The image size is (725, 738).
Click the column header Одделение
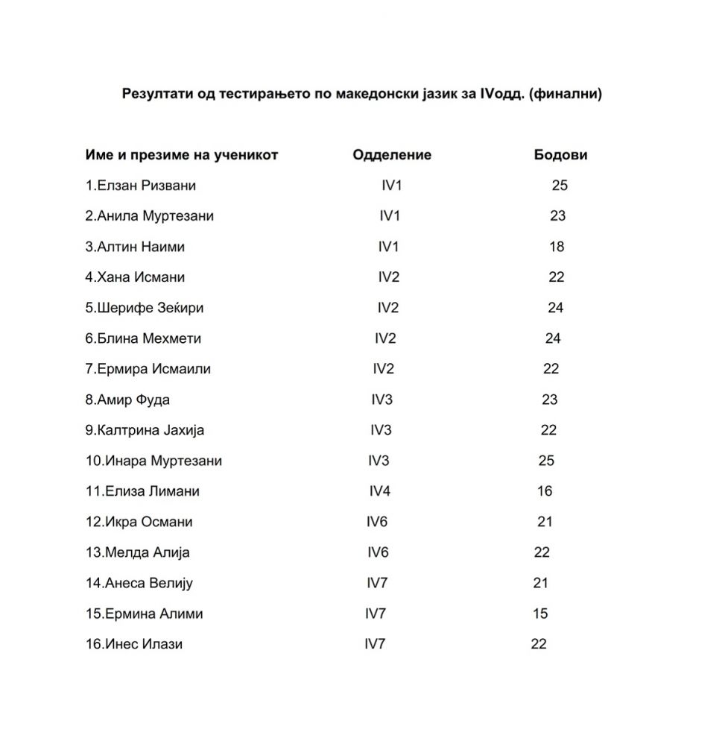pyautogui.click(x=392, y=155)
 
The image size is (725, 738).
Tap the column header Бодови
pyautogui.click(x=560, y=155)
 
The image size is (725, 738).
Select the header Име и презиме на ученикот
pyautogui.click(x=182, y=155)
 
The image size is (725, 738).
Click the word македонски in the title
pyautogui.click(x=357, y=95)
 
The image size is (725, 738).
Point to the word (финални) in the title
pyautogui.click(x=565, y=95)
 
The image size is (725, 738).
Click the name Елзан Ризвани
pyautogui.click(x=146, y=186)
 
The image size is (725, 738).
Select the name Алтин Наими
pyautogui.click(x=141, y=247)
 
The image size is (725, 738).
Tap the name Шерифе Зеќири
pyautogui.click(x=150, y=308)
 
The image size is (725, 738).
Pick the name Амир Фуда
pyautogui.click(x=133, y=400)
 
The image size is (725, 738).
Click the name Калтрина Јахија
pyautogui.click(x=151, y=430)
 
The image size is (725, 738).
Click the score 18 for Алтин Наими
pyautogui.click(x=557, y=247)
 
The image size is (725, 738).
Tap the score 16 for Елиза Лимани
pyautogui.click(x=545, y=491)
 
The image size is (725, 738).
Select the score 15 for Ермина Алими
pyautogui.click(x=540, y=614)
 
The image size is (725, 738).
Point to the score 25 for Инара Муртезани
pyautogui.click(x=546, y=461)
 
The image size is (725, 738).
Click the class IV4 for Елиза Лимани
pyautogui.click(x=380, y=491)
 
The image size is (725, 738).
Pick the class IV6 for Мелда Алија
pyautogui.click(x=378, y=552)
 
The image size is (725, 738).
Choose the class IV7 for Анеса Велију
pyautogui.click(x=377, y=583)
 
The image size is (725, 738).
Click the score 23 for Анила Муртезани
pyautogui.click(x=557, y=216)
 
